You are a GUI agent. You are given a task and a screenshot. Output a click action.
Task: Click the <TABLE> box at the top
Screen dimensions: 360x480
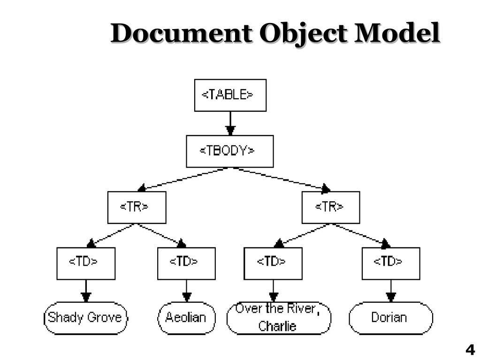pyautogui.click(x=230, y=95)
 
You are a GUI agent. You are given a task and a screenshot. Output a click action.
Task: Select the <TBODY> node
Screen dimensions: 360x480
pyautogui.click(x=229, y=151)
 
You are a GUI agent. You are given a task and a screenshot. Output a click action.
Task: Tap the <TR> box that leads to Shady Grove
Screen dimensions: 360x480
pyautogui.click(x=137, y=207)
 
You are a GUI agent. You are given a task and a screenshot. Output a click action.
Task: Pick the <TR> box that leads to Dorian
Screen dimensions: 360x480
pyautogui.click(x=330, y=207)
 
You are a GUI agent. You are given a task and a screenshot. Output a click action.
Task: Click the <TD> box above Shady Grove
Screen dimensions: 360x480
pyautogui.click(x=86, y=263)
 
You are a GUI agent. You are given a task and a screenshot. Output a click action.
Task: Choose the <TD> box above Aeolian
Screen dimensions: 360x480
pyautogui.click(x=186, y=263)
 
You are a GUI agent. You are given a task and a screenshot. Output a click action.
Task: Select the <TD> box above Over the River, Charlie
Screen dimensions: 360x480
pyautogui.click(x=274, y=263)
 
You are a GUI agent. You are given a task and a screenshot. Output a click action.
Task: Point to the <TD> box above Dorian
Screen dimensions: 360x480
pyautogui.click(x=390, y=263)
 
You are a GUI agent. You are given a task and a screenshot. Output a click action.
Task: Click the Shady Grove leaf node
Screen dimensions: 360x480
pyautogui.click(x=85, y=318)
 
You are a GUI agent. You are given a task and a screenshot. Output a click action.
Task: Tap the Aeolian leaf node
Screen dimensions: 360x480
pyautogui.click(x=186, y=318)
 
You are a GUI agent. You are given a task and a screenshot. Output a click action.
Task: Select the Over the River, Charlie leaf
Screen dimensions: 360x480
pyautogui.click(x=278, y=318)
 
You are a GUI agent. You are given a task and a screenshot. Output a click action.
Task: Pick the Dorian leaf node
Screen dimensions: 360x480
pyautogui.click(x=390, y=318)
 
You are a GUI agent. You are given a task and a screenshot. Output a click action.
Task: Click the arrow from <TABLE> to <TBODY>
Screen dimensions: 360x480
pyautogui.click(x=230, y=123)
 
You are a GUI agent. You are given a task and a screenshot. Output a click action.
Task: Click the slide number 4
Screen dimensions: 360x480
pyautogui.click(x=470, y=350)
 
